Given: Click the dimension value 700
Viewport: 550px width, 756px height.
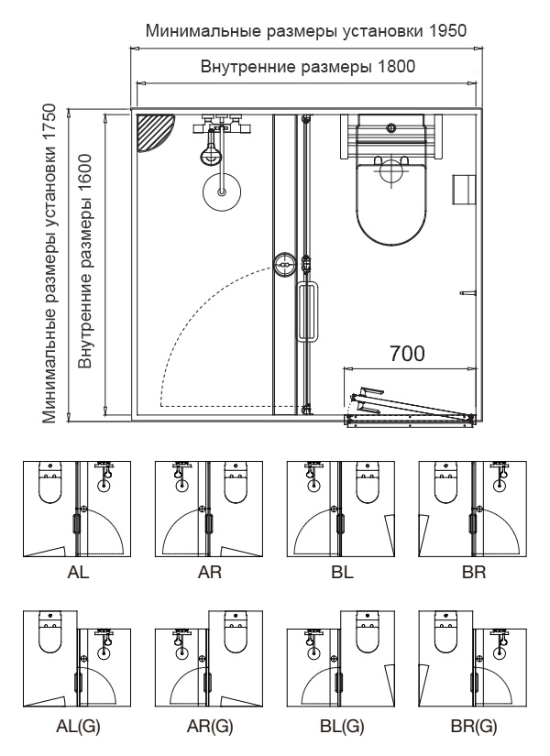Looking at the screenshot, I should pyautogui.click(x=406, y=354).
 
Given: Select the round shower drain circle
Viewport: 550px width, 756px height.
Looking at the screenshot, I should pyautogui.click(x=222, y=192).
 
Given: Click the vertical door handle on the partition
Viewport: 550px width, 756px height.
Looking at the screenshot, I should pyautogui.click(x=309, y=313).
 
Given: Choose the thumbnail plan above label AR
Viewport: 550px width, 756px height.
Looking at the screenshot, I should pyautogui.click(x=207, y=509).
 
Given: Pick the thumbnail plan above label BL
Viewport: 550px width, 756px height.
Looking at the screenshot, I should pyautogui.click(x=339, y=509).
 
